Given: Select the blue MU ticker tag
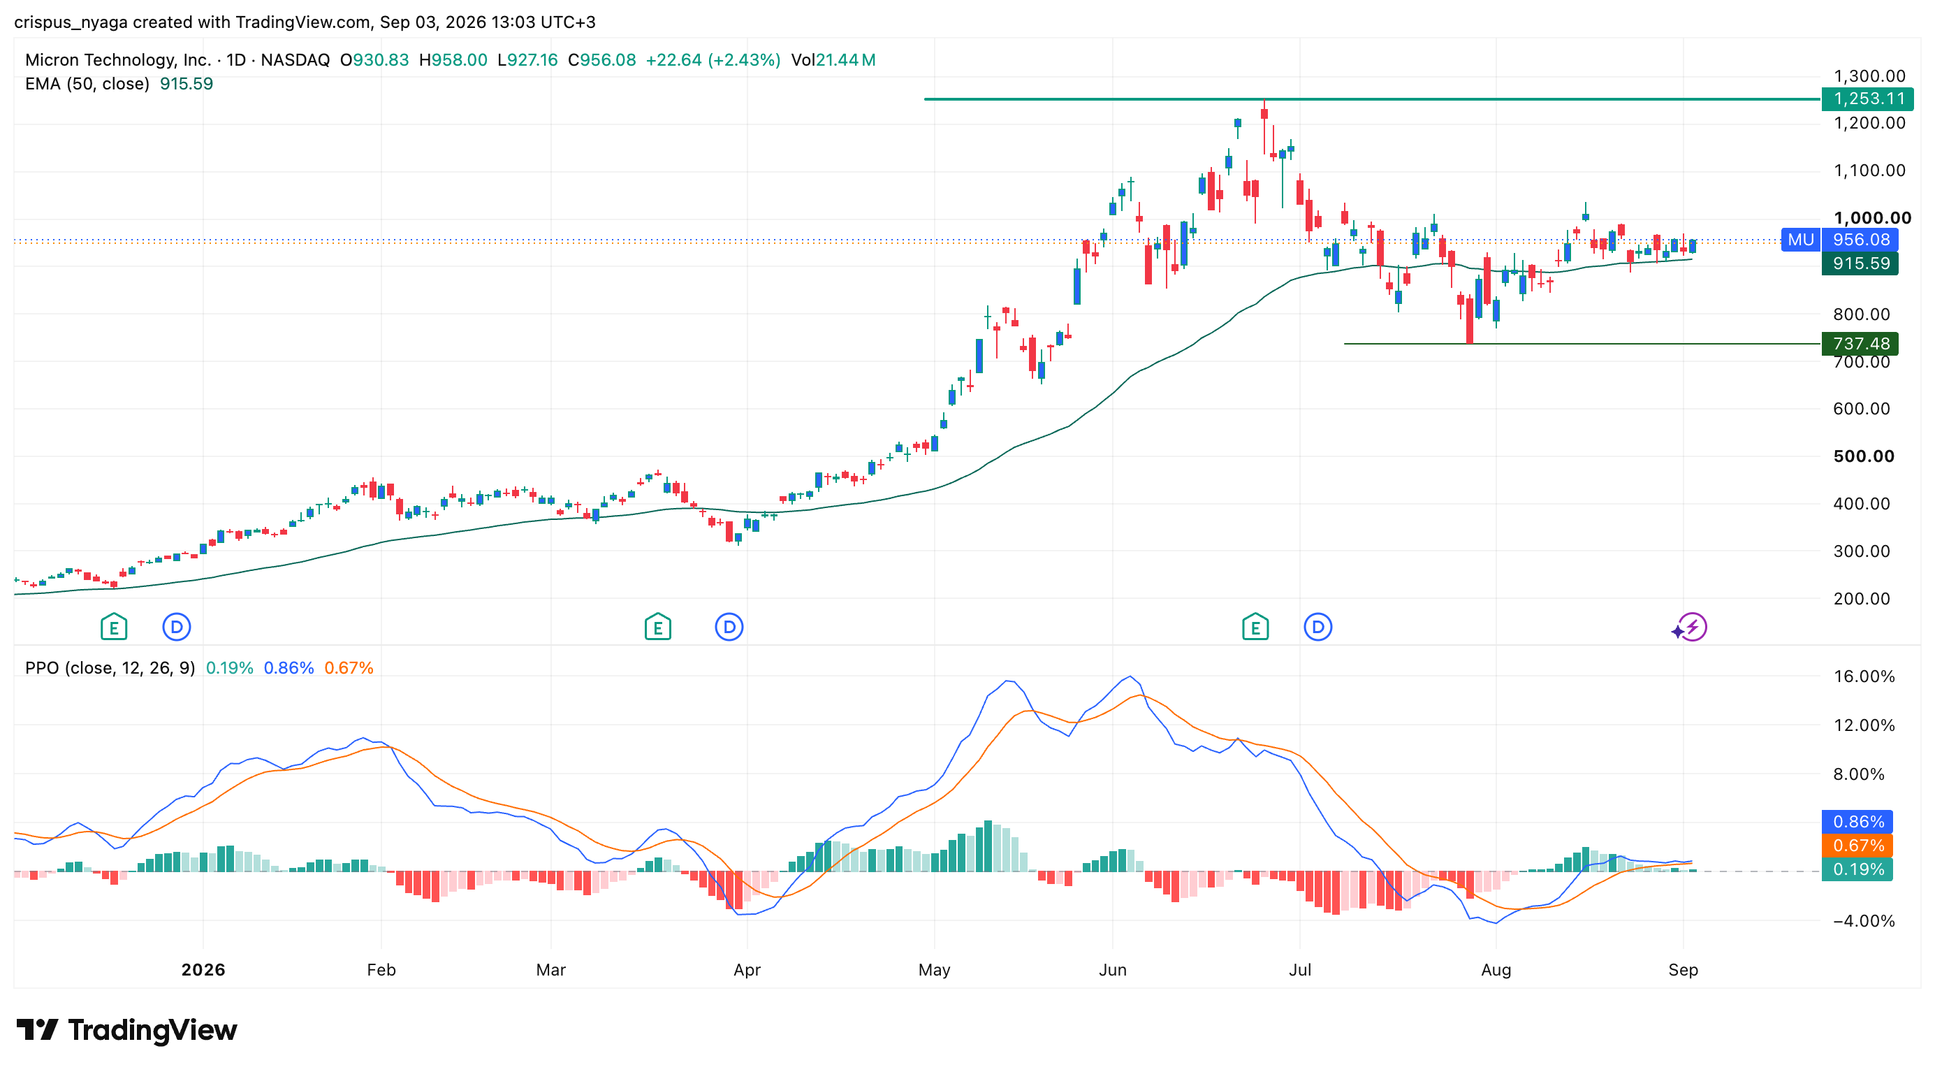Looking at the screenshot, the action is pyautogui.click(x=1801, y=240).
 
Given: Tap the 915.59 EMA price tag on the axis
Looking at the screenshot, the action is pyautogui.click(x=1860, y=263).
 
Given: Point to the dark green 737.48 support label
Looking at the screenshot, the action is pyautogui.click(x=1860, y=343).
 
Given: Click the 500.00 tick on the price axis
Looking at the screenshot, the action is pyautogui.click(x=1864, y=456).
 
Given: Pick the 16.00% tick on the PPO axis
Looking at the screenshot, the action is pyautogui.click(x=1864, y=676).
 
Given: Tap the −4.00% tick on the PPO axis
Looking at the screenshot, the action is pyautogui.click(x=1864, y=921).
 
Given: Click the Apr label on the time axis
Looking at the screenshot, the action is pyautogui.click(x=747, y=970).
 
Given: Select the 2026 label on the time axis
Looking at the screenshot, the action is pyautogui.click(x=203, y=970).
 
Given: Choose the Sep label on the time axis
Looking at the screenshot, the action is pyautogui.click(x=1683, y=970).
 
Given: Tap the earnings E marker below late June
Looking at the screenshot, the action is pyautogui.click(x=1255, y=627).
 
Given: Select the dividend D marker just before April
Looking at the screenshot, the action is pyautogui.click(x=729, y=627).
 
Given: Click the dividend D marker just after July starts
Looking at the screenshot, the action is pyautogui.click(x=1317, y=627).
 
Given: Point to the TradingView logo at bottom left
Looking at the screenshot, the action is pyautogui.click(x=126, y=1029).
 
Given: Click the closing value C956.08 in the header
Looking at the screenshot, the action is pyautogui.click(x=601, y=60).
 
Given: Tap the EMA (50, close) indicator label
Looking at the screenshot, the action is pyautogui.click(x=87, y=84).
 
